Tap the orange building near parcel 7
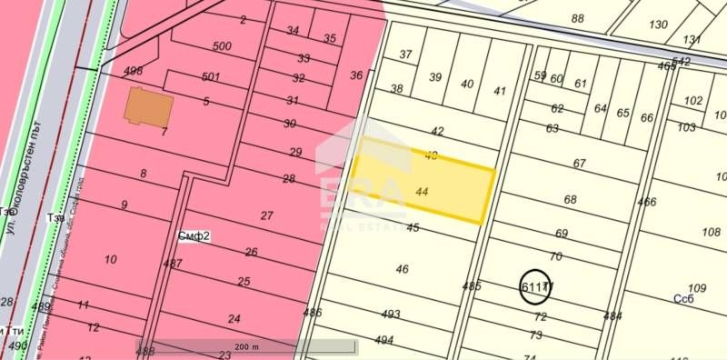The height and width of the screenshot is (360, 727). tap(149, 107)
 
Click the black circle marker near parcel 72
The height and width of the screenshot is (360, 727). tap(535, 286)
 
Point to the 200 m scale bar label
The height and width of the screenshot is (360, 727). tap(247, 346)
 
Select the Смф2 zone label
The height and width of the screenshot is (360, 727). tap(194, 236)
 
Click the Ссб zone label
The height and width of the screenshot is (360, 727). tap(684, 297)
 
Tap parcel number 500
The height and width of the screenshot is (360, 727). tap(222, 46)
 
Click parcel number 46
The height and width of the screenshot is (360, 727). tap(403, 269)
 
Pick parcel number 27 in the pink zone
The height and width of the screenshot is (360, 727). tap(266, 215)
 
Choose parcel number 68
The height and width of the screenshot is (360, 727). tap(571, 199)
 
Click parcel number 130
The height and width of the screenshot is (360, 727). tap(659, 25)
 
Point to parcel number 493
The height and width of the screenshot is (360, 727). tap(391, 315)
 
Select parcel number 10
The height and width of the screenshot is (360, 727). tap(110, 259)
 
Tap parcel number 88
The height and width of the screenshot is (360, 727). tap(578, 18)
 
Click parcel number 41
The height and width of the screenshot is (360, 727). tap(500, 90)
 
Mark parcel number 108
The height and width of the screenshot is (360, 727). tap(711, 232)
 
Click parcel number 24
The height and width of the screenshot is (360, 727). tap(234, 318)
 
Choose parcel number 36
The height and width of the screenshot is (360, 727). tap(356, 75)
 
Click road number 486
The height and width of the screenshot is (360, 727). tap(313, 313)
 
